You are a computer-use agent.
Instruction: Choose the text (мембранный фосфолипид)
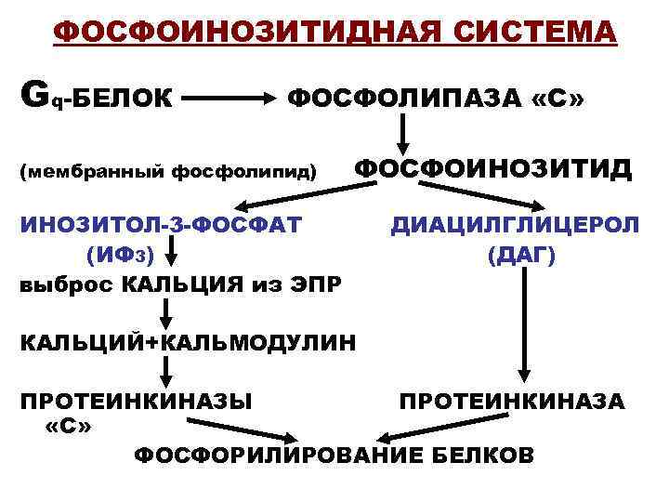point(168,171)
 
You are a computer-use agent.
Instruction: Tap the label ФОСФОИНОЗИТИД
point(492,168)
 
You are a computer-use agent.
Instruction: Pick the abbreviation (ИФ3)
point(119,252)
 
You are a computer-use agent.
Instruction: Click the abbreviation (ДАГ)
point(521,252)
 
